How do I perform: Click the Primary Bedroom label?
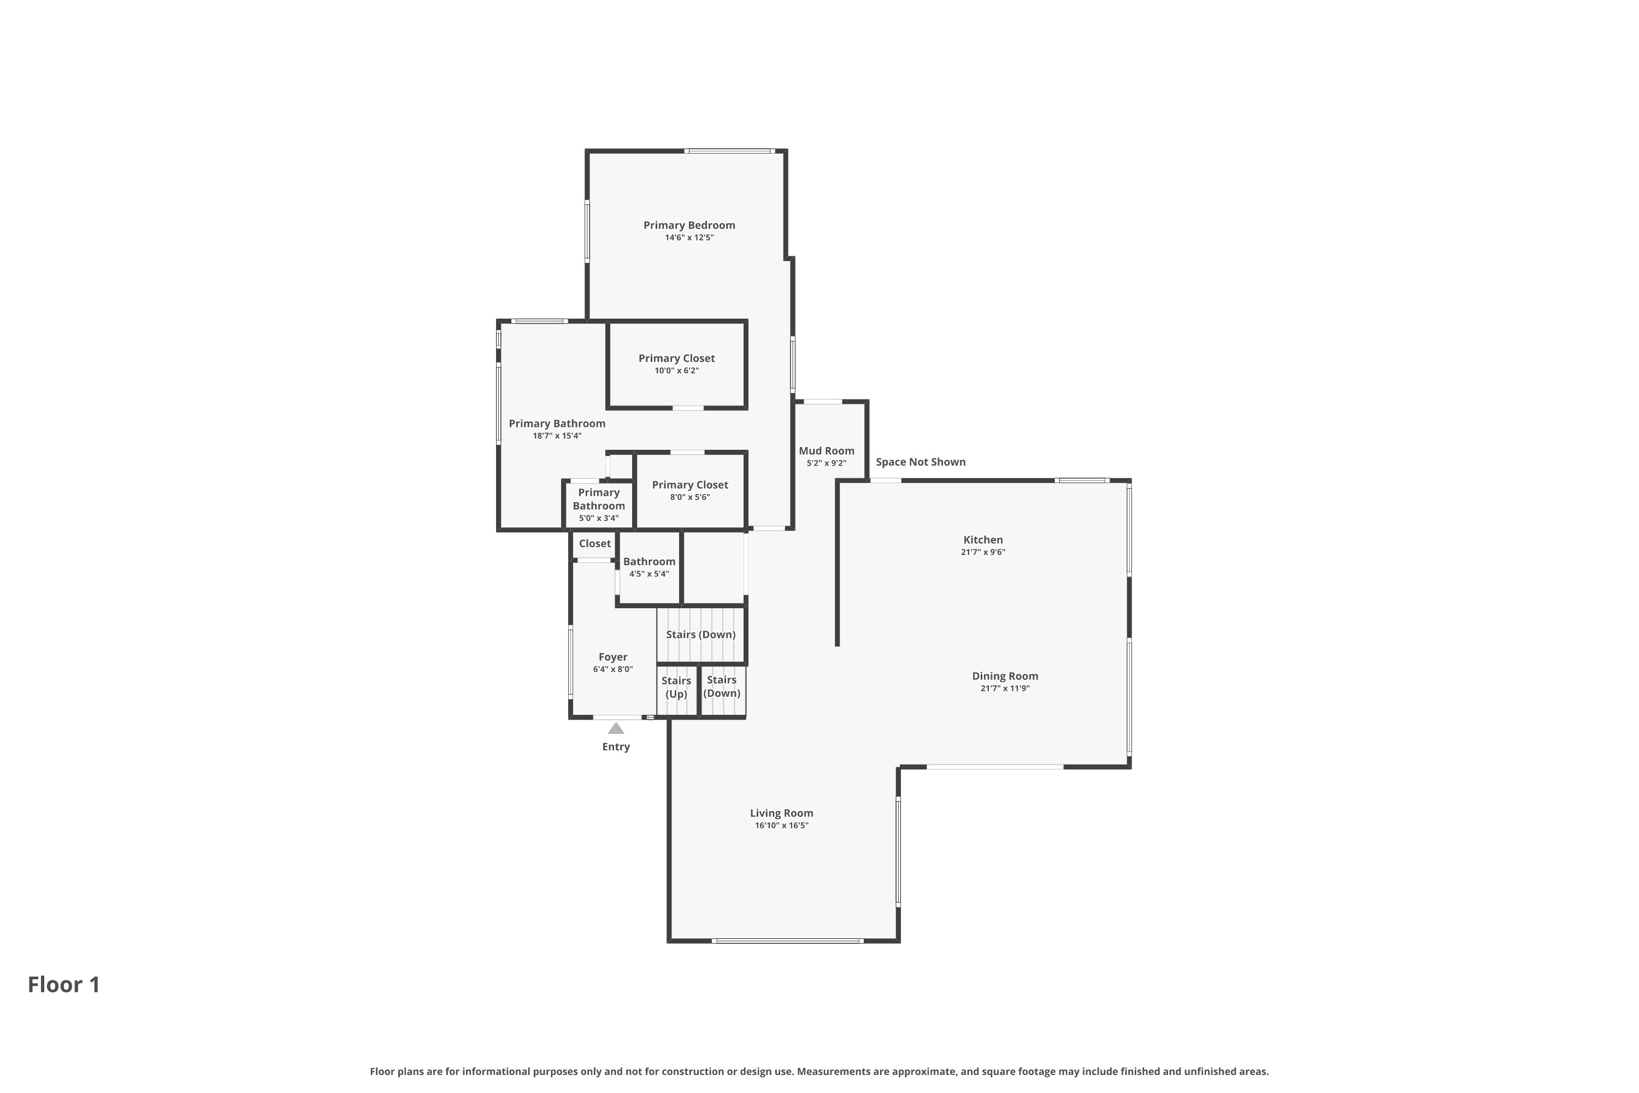[688, 225]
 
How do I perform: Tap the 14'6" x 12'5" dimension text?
[689, 238]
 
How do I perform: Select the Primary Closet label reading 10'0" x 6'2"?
[677, 359]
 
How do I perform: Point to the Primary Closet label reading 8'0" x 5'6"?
[690, 485]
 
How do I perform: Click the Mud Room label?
[827, 451]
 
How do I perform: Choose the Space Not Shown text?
[921, 462]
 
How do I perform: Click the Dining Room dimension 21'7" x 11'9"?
[1005, 688]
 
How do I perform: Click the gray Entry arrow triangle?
[616, 729]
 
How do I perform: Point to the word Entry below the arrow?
[616, 747]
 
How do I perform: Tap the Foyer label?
[613, 657]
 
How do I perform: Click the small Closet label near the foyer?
[594, 544]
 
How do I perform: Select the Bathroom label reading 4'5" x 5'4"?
[649, 562]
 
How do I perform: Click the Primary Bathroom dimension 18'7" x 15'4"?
[557, 436]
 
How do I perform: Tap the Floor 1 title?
[64, 984]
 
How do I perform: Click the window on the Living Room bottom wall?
[787, 941]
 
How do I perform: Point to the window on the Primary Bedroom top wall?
[729, 151]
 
